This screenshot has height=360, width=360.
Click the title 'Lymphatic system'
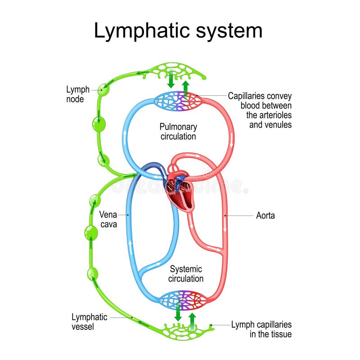coord(178,31)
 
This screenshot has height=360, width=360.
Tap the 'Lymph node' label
coord(78,94)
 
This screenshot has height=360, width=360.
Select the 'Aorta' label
coord(265,216)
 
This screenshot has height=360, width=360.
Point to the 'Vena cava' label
coord(108,220)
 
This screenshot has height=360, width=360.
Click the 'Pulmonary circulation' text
coord(178,131)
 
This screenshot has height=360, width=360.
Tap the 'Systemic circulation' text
coord(185,274)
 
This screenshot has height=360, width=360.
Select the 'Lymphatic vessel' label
coord(89,322)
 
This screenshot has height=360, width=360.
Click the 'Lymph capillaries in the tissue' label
coord(261,329)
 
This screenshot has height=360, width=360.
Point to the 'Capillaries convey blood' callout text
coord(260,110)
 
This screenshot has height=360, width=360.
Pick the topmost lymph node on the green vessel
coord(103,90)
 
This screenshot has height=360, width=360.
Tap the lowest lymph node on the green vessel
coord(92,273)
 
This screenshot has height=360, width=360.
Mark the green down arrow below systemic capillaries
coord(178,312)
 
